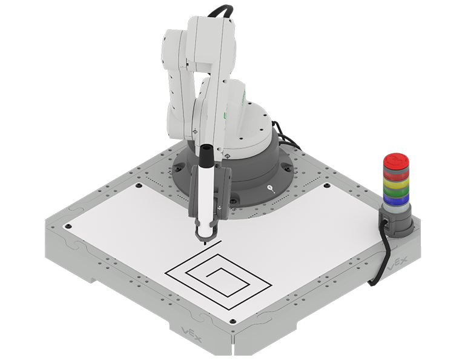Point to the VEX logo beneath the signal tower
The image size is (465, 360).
coord(397,264)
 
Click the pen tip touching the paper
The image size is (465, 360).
coord(205,242)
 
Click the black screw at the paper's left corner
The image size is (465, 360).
coord(68,225)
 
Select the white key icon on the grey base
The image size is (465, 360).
coord(270,188)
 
